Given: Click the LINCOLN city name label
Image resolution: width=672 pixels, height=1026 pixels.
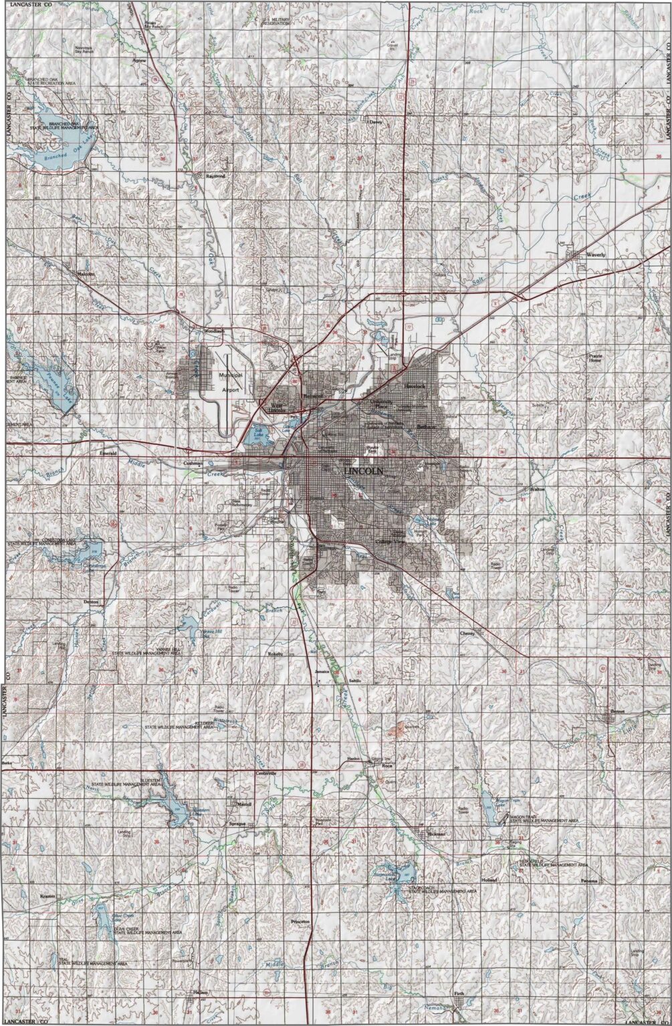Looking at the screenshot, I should pos(364,471).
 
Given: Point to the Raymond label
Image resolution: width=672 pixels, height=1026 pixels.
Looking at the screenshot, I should pos(215,176).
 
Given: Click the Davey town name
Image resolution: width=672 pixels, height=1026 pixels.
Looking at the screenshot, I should pos(375,122).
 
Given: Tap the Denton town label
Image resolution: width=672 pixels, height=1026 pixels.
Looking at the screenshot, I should pos(91,601).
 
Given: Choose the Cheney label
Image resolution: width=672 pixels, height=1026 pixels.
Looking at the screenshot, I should pos(467,633).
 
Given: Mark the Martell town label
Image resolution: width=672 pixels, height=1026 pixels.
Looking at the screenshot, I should pos(243,804).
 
